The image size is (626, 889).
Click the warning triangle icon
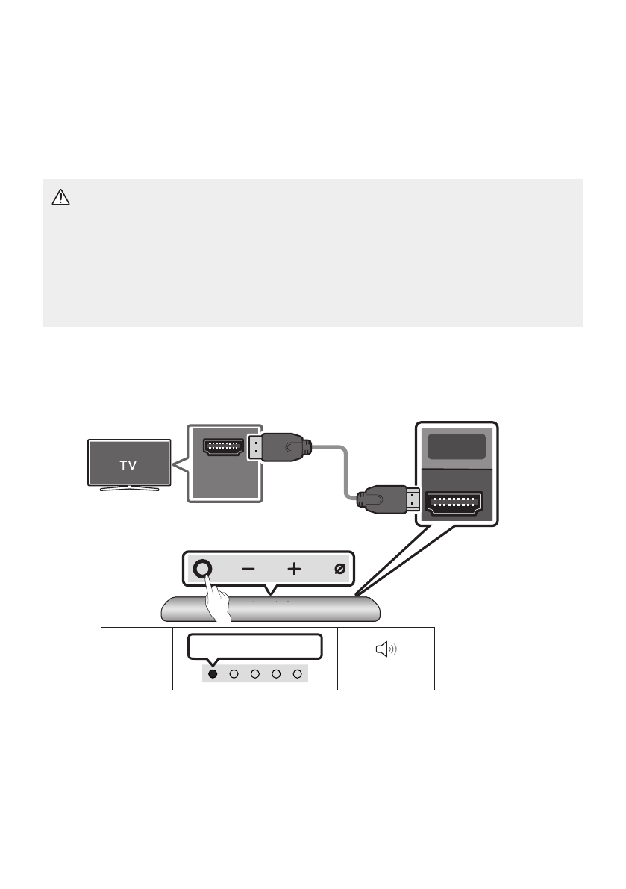(59, 197)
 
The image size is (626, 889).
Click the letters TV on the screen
(130, 464)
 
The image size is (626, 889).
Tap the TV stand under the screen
(125, 488)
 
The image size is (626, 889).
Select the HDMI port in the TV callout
(222, 448)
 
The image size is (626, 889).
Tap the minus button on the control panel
(248, 569)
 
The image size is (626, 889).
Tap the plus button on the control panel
(294, 569)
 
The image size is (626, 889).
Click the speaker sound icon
(386, 651)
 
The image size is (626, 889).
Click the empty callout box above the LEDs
(255, 646)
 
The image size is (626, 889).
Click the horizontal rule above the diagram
(265, 366)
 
